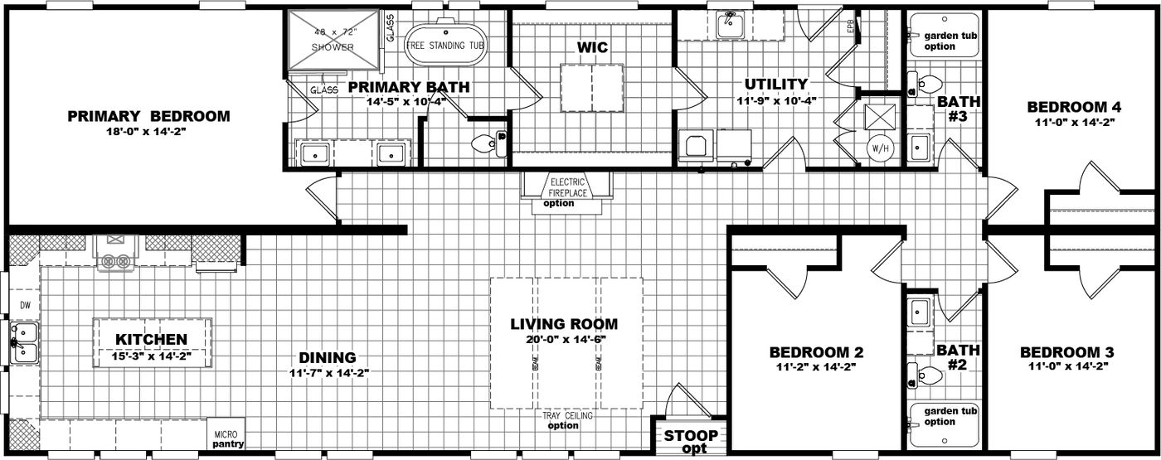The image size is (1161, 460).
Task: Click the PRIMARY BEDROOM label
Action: tap(148, 116)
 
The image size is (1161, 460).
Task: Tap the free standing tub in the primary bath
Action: tap(445, 45)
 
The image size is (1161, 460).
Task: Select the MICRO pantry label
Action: tap(226, 438)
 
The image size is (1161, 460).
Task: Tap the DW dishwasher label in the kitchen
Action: tap(24, 306)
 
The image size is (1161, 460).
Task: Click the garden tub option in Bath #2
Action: tap(939, 416)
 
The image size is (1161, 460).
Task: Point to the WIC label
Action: tap(592, 47)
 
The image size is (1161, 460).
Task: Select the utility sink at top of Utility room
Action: tap(729, 25)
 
